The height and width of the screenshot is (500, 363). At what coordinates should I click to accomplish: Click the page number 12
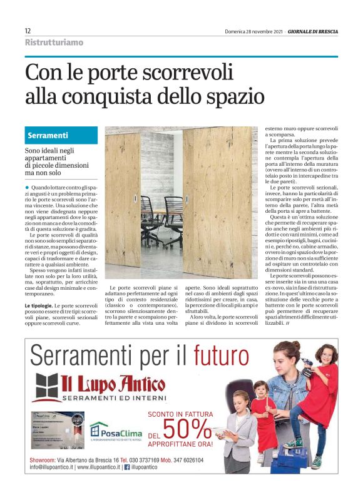(28, 31)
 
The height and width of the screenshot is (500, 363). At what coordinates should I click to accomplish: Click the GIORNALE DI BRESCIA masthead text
(310, 31)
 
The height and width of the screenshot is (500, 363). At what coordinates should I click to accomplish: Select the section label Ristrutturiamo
(54, 43)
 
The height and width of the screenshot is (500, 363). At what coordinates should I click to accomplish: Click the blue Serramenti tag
(48, 136)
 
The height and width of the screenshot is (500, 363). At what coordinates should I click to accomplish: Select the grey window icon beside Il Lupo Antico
(46, 387)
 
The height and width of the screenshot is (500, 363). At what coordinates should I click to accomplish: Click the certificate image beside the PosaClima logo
(58, 429)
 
